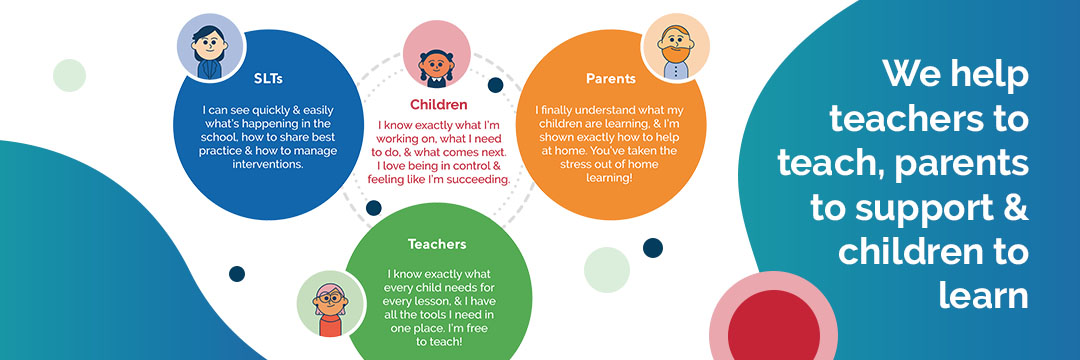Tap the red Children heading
tap(439, 103)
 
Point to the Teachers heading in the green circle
tap(437, 243)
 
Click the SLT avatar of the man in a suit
tap(210, 48)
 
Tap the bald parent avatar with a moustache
tap(675, 47)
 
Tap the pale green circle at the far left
tap(69, 75)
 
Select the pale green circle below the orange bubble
tap(605, 269)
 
